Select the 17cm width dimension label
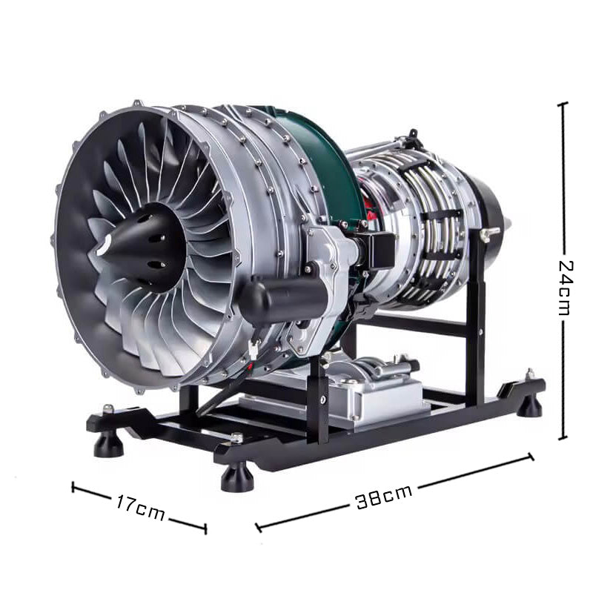click(140, 508)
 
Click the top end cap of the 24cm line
click(563, 105)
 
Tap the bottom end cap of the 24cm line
click(563, 438)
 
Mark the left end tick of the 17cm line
click(73, 486)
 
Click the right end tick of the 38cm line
click(531, 457)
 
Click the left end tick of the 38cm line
click(257, 527)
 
